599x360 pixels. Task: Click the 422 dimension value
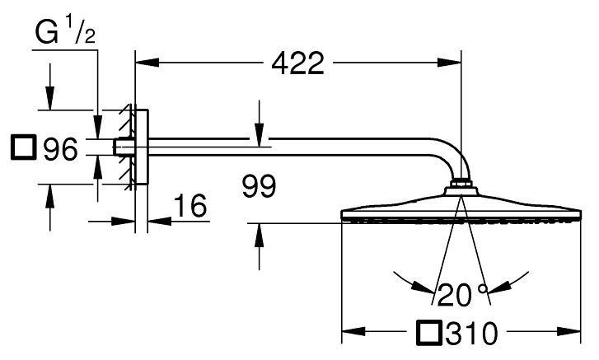point(297,63)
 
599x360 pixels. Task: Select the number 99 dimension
point(260,187)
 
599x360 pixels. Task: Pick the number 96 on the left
point(60,149)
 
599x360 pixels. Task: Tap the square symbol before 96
point(23,148)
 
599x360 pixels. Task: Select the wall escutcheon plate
point(142,149)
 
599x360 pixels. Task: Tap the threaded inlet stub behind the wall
point(123,149)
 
